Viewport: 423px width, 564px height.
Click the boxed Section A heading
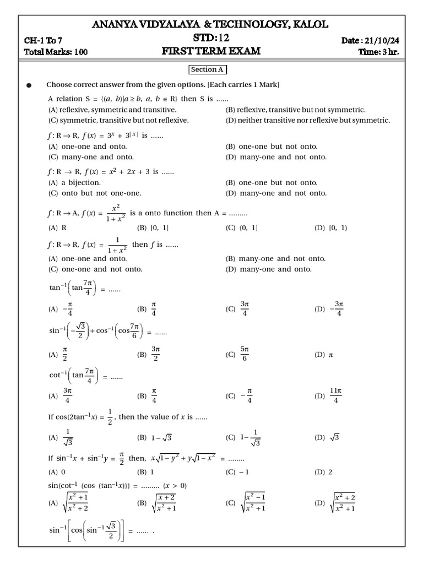(208, 70)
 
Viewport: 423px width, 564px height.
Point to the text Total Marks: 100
(56, 52)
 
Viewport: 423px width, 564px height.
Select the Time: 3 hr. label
(378, 52)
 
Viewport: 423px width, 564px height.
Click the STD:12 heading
(211, 39)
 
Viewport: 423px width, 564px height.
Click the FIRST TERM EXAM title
(211, 52)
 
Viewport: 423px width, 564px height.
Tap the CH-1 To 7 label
(44, 41)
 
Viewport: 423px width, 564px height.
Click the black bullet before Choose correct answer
(29, 85)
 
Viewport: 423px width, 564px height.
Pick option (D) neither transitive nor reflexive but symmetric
(308, 120)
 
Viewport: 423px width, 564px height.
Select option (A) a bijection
(74, 182)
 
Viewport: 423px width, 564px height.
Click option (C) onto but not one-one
(95, 193)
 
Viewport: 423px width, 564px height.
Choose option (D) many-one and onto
(269, 269)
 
